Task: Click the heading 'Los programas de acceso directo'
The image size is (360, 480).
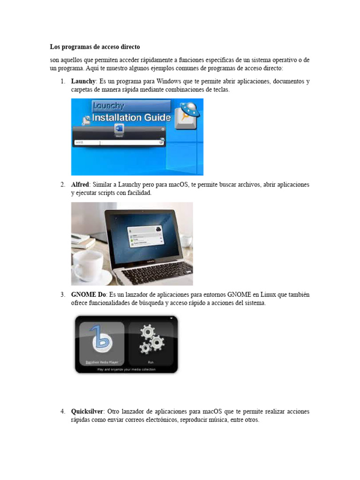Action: coord(95,47)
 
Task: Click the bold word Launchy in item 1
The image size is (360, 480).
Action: coord(83,82)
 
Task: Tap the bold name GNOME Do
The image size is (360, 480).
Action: coord(89,295)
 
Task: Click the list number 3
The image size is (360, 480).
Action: coord(62,295)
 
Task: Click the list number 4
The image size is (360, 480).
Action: coord(62,412)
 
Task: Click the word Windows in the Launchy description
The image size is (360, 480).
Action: coord(171,82)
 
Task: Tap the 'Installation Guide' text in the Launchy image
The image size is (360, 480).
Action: coord(131,118)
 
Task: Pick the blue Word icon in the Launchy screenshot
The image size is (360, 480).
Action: coord(119,129)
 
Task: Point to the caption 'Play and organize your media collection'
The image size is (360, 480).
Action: coord(126,369)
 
